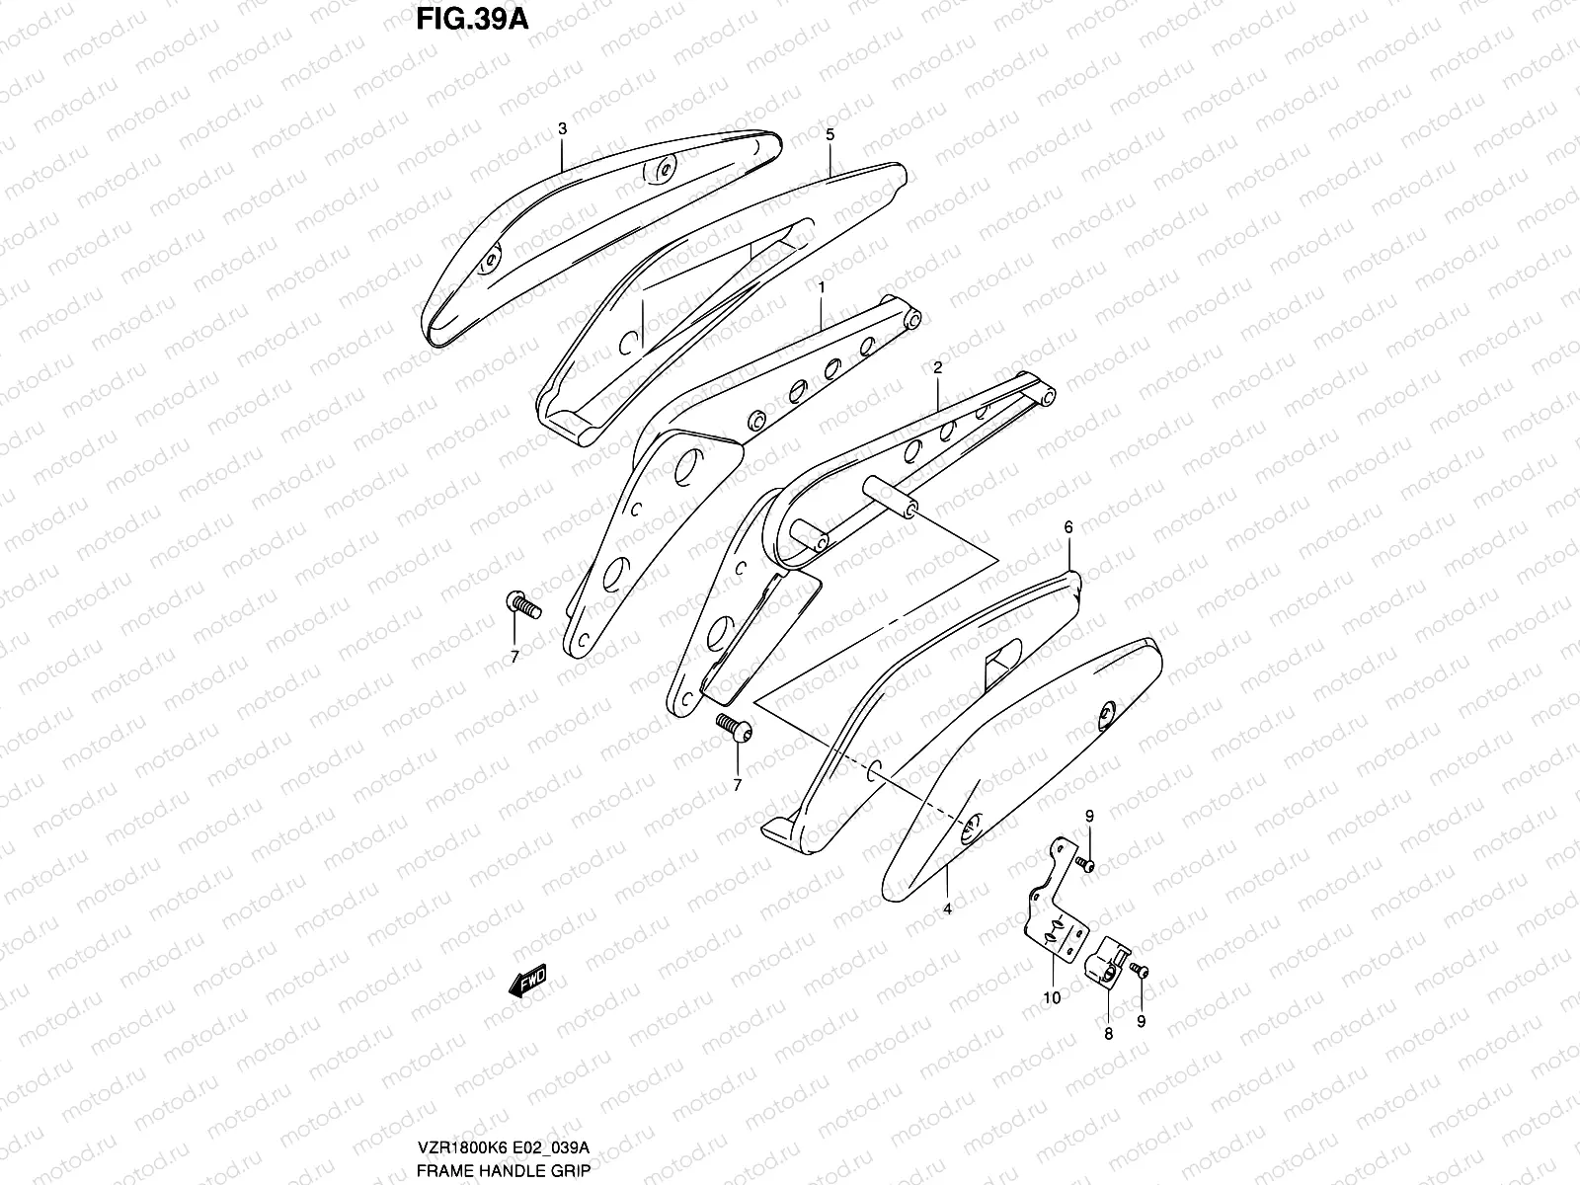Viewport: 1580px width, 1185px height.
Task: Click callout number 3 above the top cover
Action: pos(562,129)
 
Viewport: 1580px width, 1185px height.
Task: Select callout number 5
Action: pos(829,134)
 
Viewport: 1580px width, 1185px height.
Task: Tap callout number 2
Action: pos(937,366)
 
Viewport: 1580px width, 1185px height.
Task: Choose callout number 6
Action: pos(1067,528)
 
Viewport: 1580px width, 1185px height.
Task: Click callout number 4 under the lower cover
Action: pos(947,908)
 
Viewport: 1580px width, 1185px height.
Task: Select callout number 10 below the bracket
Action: pos(1052,997)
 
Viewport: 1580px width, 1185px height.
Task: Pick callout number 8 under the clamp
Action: pos(1108,1034)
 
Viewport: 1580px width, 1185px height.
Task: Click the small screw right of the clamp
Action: pos(1142,971)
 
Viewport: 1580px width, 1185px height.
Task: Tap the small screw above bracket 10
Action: pos(1085,865)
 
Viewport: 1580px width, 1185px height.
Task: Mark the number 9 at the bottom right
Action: pos(1142,1022)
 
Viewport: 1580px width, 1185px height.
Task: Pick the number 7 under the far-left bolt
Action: pos(514,657)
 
